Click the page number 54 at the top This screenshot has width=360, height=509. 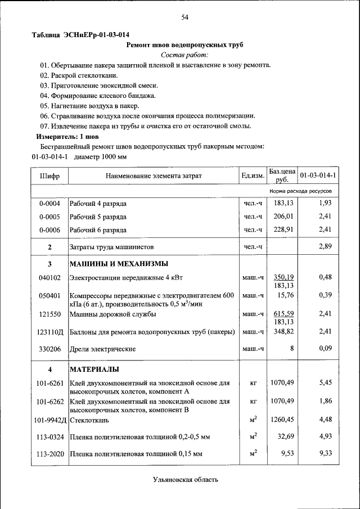click(x=184, y=17)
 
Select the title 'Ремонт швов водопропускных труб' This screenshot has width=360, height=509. click(x=184, y=44)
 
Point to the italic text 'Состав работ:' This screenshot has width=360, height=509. click(x=184, y=55)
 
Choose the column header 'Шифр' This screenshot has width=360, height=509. click(x=49, y=176)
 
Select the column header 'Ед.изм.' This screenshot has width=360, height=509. click(x=253, y=176)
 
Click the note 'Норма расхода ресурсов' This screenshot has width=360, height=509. click(x=300, y=191)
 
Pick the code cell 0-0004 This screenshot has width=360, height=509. click(x=49, y=203)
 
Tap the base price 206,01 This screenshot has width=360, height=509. click(x=283, y=216)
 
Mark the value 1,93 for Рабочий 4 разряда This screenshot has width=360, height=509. click(x=325, y=202)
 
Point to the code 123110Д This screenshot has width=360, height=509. click(x=50, y=332)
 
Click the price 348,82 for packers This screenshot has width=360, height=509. click(x=283, y=332)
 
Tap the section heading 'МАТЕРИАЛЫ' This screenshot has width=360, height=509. click(x=93, y=370)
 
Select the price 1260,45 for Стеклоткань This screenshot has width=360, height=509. click(x=282, y=419)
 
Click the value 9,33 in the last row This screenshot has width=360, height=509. click(x=325, y=453)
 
